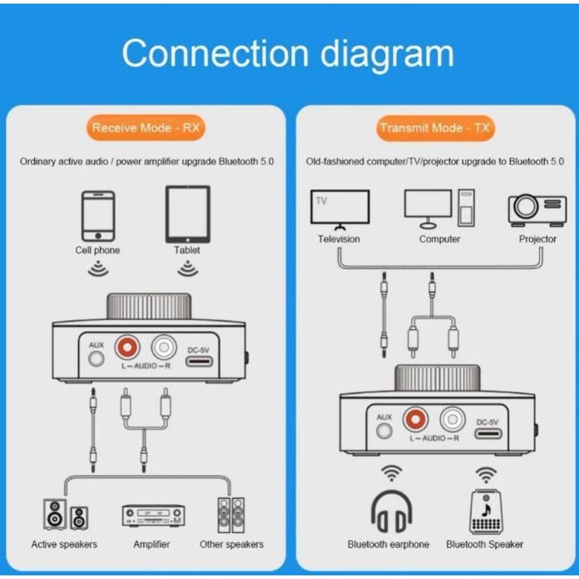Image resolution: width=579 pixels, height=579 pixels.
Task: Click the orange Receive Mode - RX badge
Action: tap(146, 128)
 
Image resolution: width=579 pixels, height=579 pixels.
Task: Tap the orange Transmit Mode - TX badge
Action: tap(435, 128)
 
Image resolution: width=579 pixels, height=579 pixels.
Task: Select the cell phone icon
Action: tap(98, 216)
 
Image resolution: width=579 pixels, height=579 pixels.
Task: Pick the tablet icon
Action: tap(188, 214)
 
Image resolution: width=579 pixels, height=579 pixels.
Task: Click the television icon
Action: tap(339, 209)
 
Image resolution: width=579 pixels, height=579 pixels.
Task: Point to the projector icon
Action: tap(537, 210)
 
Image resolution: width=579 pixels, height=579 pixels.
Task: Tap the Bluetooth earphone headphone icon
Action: tap(392, 511)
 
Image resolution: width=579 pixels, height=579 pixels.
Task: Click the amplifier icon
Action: tap(153, 515)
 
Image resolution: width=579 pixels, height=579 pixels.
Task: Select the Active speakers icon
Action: tap(65, 515)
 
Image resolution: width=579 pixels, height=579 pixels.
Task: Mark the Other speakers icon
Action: tap(231, 515)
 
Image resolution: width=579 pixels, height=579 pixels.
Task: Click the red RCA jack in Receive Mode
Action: tap(127, 347)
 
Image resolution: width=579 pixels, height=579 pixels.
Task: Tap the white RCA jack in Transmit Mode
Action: tap(452, 419)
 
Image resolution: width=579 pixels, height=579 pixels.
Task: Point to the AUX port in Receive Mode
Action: tap(96, 358)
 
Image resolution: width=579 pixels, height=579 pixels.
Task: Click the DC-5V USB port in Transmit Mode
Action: tap(488, 433)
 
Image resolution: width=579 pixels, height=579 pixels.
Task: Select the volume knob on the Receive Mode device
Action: tap(149, 306)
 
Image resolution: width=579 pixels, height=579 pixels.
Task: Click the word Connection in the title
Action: tap(215, 54)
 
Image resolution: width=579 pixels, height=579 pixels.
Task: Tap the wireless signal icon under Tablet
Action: tap(187, 269)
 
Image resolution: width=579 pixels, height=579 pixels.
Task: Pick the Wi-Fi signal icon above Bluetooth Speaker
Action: tap(486, 474)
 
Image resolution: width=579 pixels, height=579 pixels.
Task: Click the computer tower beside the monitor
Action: tap(466, 208)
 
